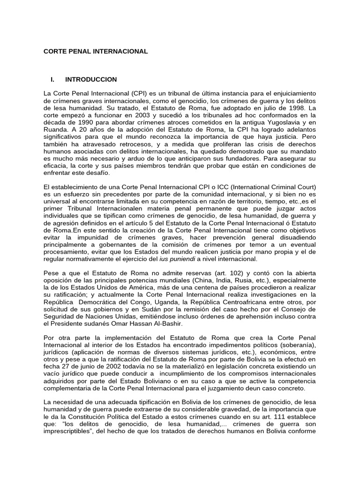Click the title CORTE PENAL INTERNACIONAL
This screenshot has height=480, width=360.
click(96, 51)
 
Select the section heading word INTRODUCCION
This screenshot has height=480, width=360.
click(91, 79)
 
